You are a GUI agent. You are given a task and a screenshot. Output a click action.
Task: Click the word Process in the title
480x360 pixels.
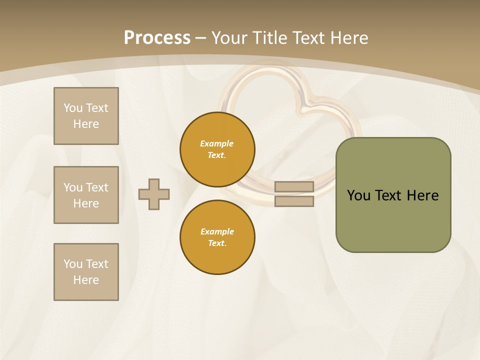click(x=157, y=38)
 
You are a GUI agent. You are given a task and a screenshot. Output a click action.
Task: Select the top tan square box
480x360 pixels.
click(x=86, y=116)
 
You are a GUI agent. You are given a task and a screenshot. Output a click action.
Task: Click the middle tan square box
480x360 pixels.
click(x=86, y=195)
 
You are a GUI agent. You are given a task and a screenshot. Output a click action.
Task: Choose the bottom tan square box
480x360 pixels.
click(x=86, y=272)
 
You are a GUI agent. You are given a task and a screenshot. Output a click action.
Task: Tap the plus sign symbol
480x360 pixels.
click(x=154, y=194)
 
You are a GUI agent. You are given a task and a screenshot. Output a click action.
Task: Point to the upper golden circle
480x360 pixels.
click(x=217, y=149)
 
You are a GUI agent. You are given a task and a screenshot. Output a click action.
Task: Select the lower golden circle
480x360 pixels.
click(x=217, y=237)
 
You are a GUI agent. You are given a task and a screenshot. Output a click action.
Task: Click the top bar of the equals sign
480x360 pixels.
click(x=294, y=187)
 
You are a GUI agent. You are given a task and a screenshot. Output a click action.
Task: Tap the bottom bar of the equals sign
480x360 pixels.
click(x=294, y=201)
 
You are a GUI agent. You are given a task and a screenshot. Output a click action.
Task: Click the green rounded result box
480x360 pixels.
click(x=393, y=220)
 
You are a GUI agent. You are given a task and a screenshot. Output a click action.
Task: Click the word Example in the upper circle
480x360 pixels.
click(x=216, y=143)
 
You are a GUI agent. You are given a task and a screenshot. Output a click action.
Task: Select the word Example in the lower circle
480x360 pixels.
click(x=217, y=231)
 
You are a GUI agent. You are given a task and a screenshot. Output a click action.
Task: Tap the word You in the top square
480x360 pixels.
click(x=72, y=108)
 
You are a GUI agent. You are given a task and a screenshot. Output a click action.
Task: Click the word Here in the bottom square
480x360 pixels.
click(x=86, y=280)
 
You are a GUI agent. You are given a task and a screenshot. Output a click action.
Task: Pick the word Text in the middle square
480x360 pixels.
click(x=97, y=187)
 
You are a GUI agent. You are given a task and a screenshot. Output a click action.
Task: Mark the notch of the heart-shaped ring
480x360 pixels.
click(x=306, y=102)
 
